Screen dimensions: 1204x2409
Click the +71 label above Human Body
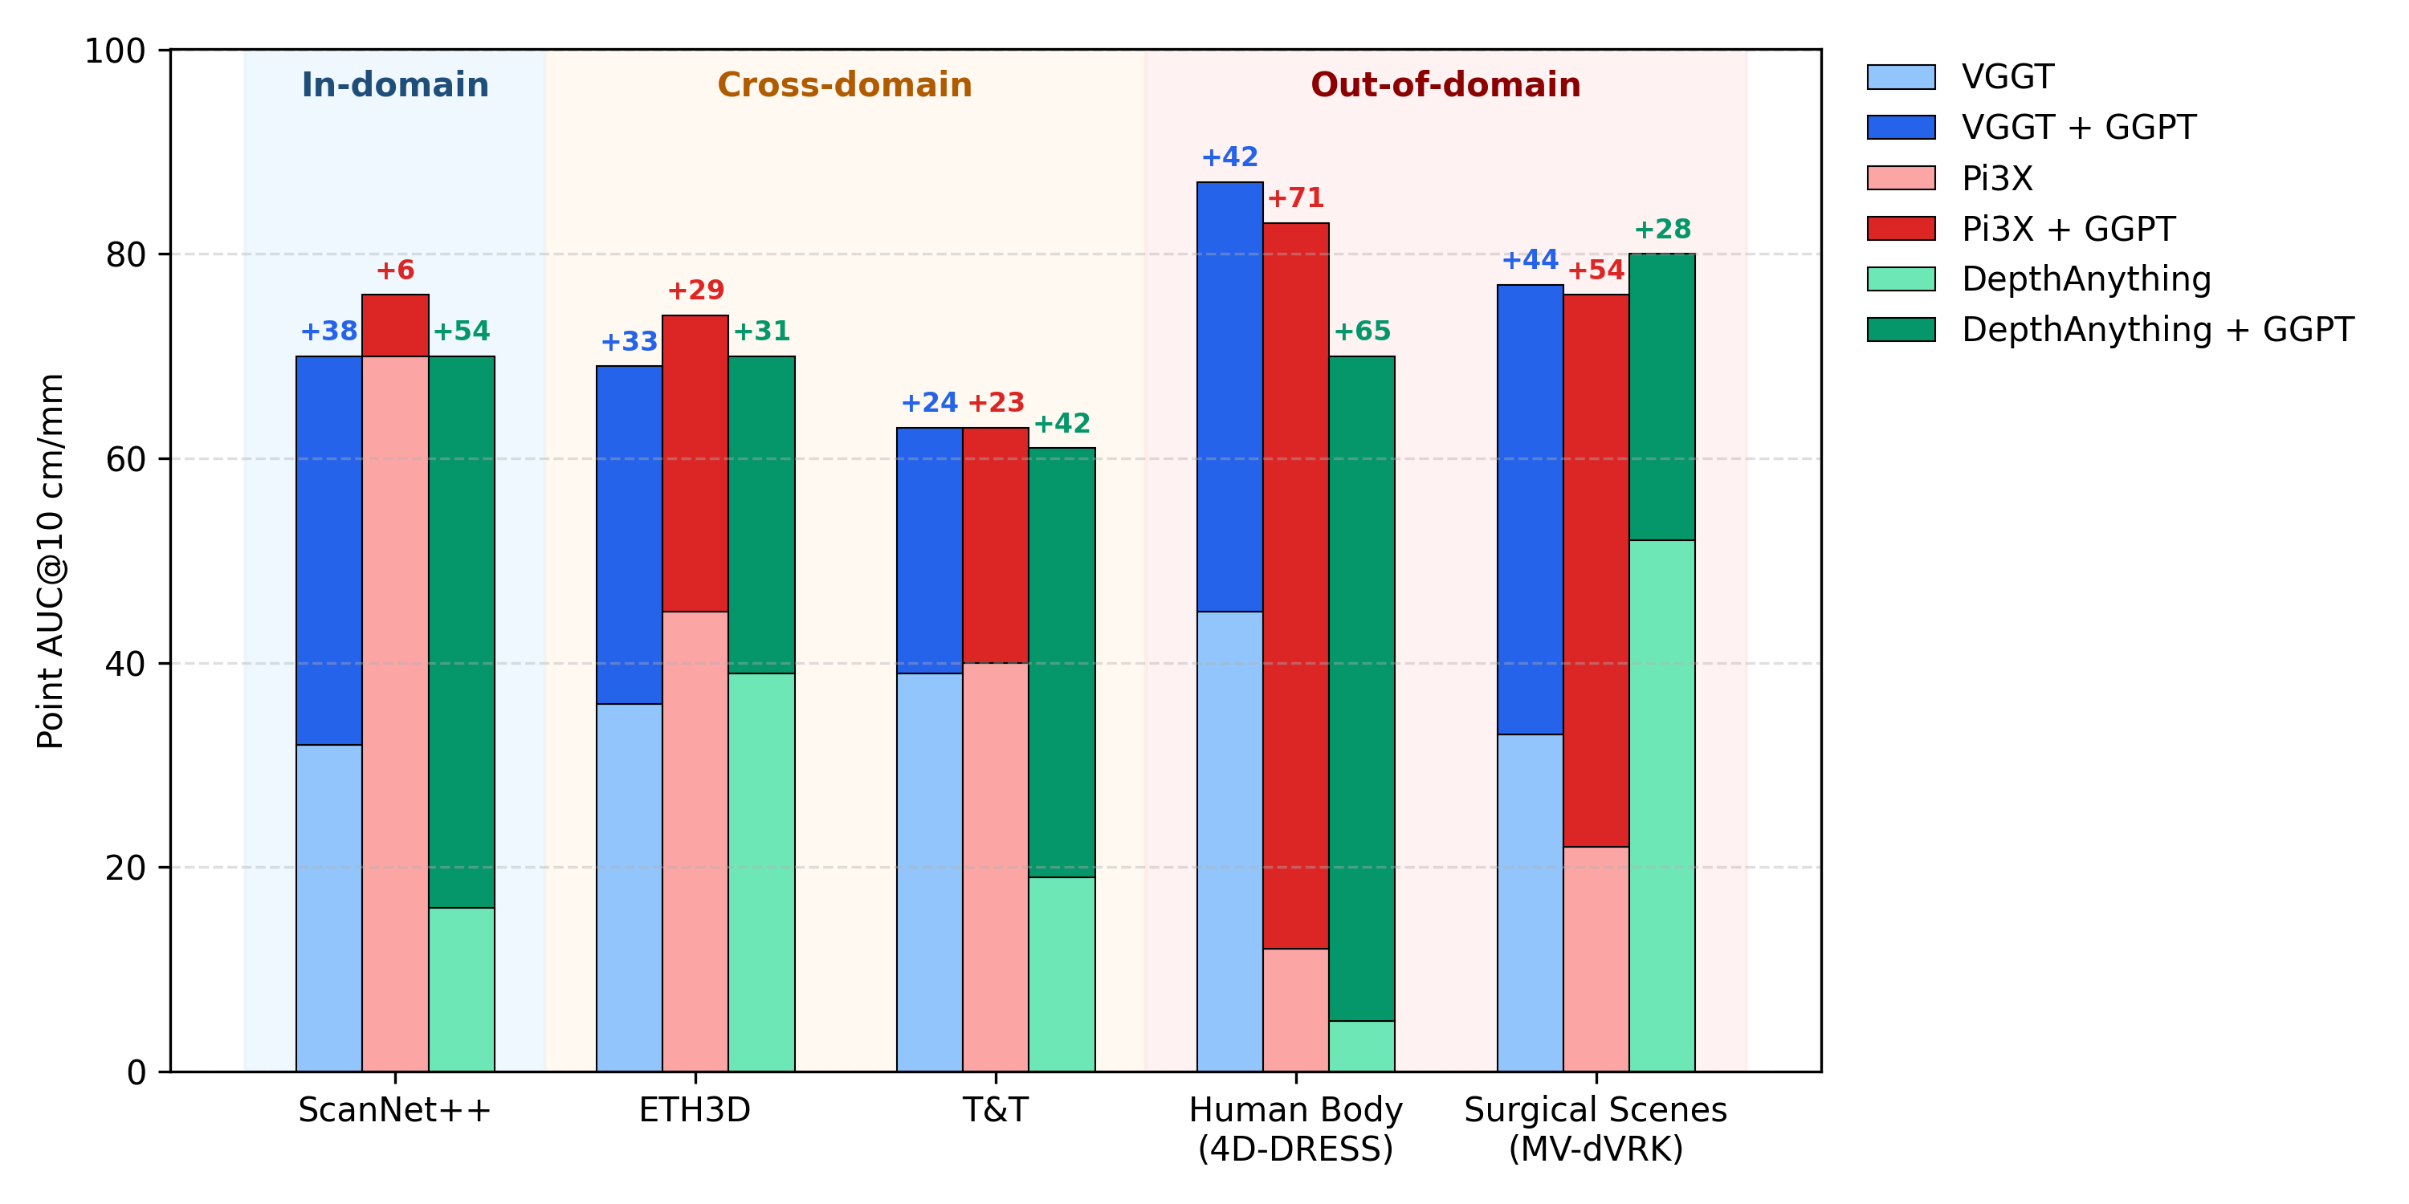click(1295, 198)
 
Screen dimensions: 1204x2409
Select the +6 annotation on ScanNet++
click(394, 270)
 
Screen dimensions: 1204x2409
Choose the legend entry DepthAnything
click(2085, 279)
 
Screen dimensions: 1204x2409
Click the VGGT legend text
click(2007, 76)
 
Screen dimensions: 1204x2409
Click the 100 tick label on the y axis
click(116, 51)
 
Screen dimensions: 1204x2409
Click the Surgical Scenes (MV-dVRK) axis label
click(1596, 1129)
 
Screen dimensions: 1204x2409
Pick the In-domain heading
click(394, 85)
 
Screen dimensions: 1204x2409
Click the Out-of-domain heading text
click(1445, 85)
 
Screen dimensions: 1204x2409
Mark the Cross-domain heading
click(845, 85)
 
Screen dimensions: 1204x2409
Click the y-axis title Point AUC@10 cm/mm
click(51, 561)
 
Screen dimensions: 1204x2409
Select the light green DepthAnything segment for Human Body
click(1362, 1046)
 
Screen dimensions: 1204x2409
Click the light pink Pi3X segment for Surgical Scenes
click(1596, 959)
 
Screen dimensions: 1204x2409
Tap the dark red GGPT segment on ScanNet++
click(394, 325)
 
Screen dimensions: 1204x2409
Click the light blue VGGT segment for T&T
click(930, 872)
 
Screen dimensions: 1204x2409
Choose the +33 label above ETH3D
click(629, 342)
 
